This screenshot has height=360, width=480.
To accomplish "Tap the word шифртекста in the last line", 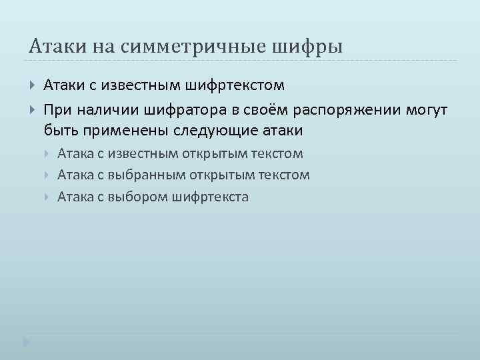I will tap(210, 197).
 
